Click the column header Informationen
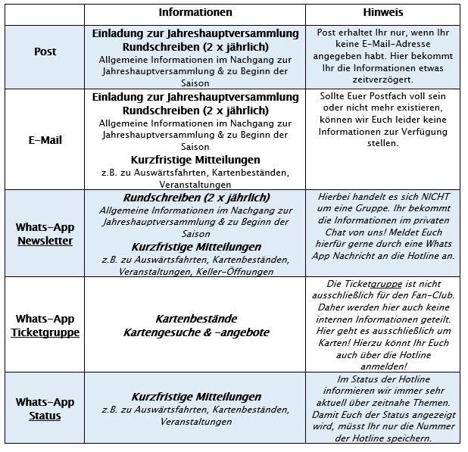(195, 13)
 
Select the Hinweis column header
(382, 13)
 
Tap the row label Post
(45, 52)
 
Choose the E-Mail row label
(45, 140)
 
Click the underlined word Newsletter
(45, 241)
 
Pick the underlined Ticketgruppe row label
(45, 332)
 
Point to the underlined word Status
(45, 416)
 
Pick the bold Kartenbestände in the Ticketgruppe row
(195, 319)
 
